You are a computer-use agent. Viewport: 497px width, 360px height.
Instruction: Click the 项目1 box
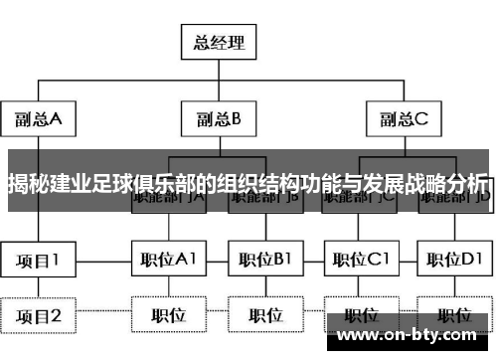tap(38, 261)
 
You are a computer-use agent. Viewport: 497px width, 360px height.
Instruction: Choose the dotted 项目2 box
tap(38, 316)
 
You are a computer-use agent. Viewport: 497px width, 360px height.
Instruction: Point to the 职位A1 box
tap(169, 261)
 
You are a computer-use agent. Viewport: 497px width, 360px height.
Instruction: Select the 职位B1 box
tap(265, 261)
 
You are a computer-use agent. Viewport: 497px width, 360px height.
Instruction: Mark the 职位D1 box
tap(456, 261)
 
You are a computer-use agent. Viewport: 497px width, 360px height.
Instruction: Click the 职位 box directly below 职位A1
tap(169, 316)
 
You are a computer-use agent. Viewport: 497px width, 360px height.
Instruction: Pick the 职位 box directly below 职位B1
tap(265, 316)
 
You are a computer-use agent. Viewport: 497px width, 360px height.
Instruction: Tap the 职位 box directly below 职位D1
tap(456, 316)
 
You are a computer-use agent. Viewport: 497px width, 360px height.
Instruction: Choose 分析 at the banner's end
tap(468, 184)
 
